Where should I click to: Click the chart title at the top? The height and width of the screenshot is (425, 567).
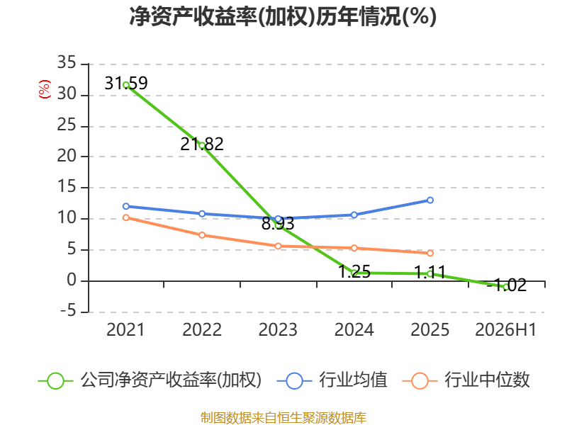tap(283, 16)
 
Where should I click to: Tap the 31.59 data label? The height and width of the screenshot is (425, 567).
tap(126, 83)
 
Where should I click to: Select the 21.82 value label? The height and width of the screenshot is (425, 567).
tap(202, 144)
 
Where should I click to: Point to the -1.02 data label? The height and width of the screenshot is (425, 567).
tap(507, 285)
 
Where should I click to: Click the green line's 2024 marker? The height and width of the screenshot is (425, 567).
tap(354, 273)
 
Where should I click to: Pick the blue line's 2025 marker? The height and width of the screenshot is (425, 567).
tap(430, 200)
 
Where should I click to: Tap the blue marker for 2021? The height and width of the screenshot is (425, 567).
tap(126, 206)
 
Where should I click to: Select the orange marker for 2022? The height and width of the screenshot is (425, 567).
tap(202, 235)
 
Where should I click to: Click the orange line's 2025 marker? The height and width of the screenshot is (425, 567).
tap(430, 254)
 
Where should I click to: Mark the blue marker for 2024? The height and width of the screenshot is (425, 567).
tap(354, 215)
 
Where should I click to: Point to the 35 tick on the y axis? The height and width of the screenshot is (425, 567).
tap(67, 62)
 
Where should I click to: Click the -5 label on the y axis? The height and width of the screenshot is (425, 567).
tap(68, 311)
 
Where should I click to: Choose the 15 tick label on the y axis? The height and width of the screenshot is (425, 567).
tap(67, 187)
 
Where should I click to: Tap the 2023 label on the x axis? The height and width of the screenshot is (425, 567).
tap(278, 330)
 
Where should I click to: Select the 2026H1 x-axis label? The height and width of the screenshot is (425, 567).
tap(505, 330)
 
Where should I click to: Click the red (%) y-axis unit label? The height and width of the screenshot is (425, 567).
tap(45, 89)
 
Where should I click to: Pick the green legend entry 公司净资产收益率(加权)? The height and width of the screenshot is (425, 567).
tap(150, 380)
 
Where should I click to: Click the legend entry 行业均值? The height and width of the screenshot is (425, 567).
tap(332, 380)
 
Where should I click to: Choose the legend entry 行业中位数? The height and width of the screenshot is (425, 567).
tap(466, 380)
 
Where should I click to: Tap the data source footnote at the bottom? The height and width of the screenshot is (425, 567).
tap(283, 418)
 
